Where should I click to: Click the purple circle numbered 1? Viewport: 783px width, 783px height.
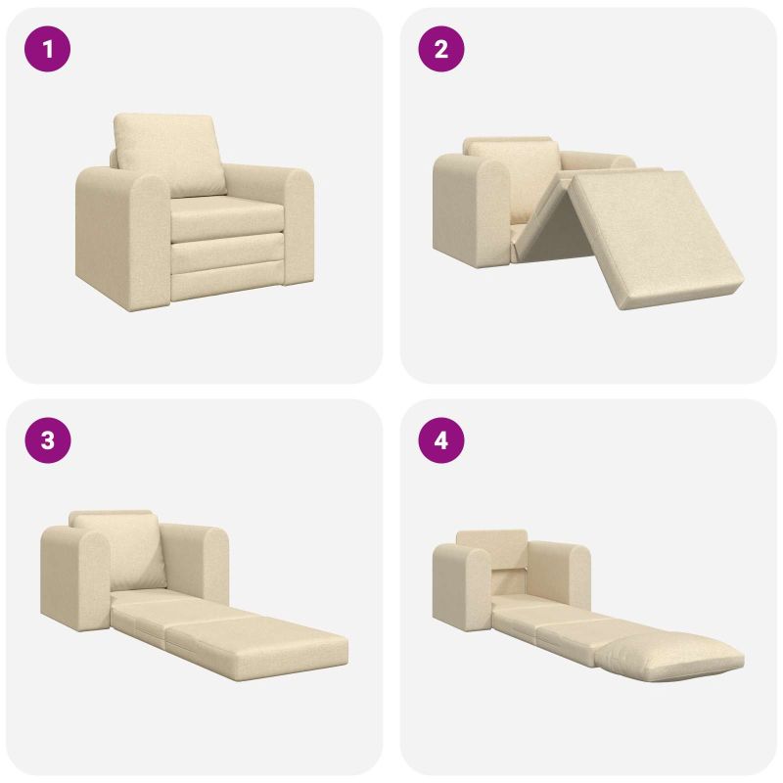click(x=47, y=49)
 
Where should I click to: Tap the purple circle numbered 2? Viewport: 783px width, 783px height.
click(x=441, y=49)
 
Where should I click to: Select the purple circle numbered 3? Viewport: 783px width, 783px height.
click(x=47, y=440)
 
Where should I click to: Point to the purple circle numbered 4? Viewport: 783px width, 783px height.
click(x=441, y=440)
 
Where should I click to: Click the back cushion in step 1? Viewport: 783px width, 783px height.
click(x=169, y=154)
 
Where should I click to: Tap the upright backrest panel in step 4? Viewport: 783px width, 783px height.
click(x=492, y=549)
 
